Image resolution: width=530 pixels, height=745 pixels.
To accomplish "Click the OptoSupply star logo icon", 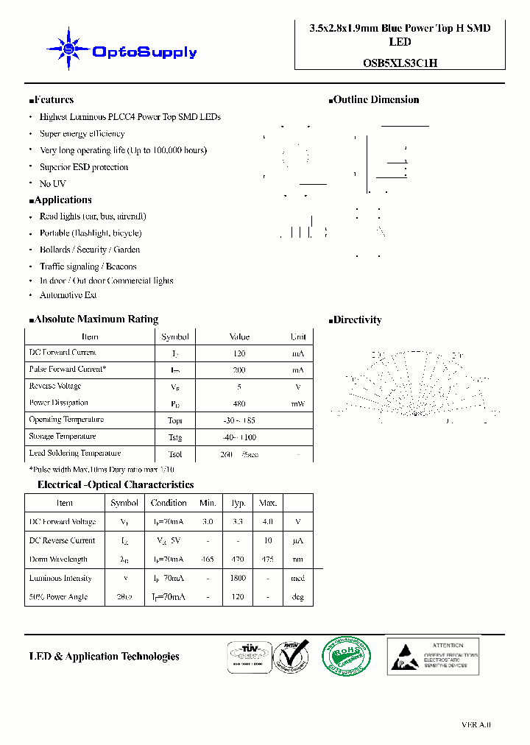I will [68, 49].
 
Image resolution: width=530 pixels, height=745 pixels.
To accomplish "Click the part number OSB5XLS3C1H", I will [400, 63].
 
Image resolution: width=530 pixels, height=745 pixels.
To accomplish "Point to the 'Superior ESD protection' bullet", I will [83, 167].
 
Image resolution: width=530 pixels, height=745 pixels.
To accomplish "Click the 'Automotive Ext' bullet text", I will [68, 295].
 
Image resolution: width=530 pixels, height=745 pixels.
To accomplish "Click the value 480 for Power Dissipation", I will [239, 403].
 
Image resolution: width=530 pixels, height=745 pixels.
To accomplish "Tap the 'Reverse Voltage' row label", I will [55, 386].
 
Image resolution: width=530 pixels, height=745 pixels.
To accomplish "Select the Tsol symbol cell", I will [175, 454].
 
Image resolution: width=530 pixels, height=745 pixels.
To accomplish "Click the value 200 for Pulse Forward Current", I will [239, 370].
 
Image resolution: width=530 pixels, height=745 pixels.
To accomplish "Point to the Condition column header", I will [169, 503].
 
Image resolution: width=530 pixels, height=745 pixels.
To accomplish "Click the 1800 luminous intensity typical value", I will [238, 579].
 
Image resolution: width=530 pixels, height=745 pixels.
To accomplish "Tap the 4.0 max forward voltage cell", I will [267, 522].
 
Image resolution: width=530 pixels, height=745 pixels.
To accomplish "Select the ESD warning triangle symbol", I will [404, 656].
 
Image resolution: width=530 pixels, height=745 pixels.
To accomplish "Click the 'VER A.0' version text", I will [476, 725].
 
